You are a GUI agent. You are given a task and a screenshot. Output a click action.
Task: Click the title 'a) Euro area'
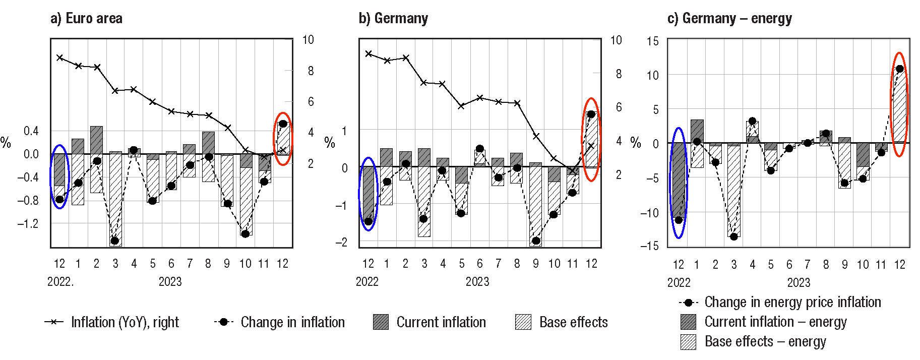click(86, 19)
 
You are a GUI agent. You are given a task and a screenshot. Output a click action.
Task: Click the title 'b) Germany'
click(393, 19)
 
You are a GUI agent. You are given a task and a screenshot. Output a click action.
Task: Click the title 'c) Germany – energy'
click(729, 19)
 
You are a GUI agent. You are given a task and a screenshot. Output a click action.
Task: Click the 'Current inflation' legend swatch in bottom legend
click(381, 322)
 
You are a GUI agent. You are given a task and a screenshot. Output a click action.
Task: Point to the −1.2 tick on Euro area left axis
click(28, 223)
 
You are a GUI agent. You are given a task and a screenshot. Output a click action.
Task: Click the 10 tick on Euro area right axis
click(308, 40)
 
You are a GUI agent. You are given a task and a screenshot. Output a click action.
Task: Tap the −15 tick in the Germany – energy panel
click(649, 246)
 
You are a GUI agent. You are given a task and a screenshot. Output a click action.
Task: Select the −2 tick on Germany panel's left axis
click(341, 243)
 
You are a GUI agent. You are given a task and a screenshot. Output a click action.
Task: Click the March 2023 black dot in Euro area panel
click(115, 241)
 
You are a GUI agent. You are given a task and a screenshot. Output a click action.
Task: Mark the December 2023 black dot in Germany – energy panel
click(899, 69)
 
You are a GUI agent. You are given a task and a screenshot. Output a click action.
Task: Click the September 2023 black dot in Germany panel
click(536, 241)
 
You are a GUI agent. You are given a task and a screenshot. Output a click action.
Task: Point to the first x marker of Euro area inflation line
click(60, 57)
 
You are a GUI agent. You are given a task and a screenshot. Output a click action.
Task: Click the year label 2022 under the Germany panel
click(367, 282)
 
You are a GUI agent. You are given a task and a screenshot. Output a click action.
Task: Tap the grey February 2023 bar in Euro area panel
click(96, 140)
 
